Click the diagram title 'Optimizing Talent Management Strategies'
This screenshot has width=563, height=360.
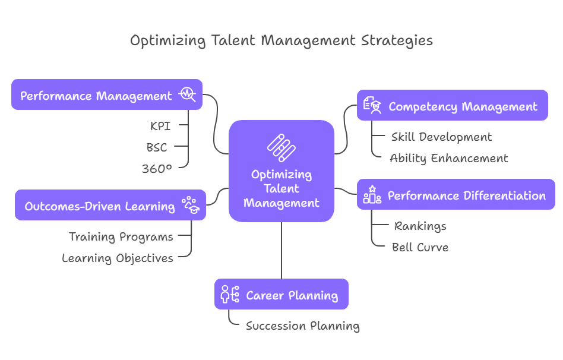281,40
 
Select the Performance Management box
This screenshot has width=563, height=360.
107,95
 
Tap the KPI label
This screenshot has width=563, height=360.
160,126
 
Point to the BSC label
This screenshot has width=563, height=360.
157,147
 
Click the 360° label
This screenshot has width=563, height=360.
157,169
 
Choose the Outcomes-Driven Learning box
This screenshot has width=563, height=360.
110,206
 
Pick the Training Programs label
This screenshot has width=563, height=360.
121,236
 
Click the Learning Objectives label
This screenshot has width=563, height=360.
118,258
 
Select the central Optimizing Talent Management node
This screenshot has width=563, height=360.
281,171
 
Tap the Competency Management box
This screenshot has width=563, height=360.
453,106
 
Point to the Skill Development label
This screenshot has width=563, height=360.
441,137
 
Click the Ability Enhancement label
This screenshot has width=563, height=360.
449,158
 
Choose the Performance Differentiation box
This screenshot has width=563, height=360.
456,195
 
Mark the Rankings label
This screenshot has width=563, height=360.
420,226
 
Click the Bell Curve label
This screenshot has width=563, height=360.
420,247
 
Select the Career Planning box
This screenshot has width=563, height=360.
281,295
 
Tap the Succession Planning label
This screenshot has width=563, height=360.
303,326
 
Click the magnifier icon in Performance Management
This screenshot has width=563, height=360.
188,95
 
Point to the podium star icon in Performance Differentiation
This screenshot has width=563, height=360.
372,195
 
